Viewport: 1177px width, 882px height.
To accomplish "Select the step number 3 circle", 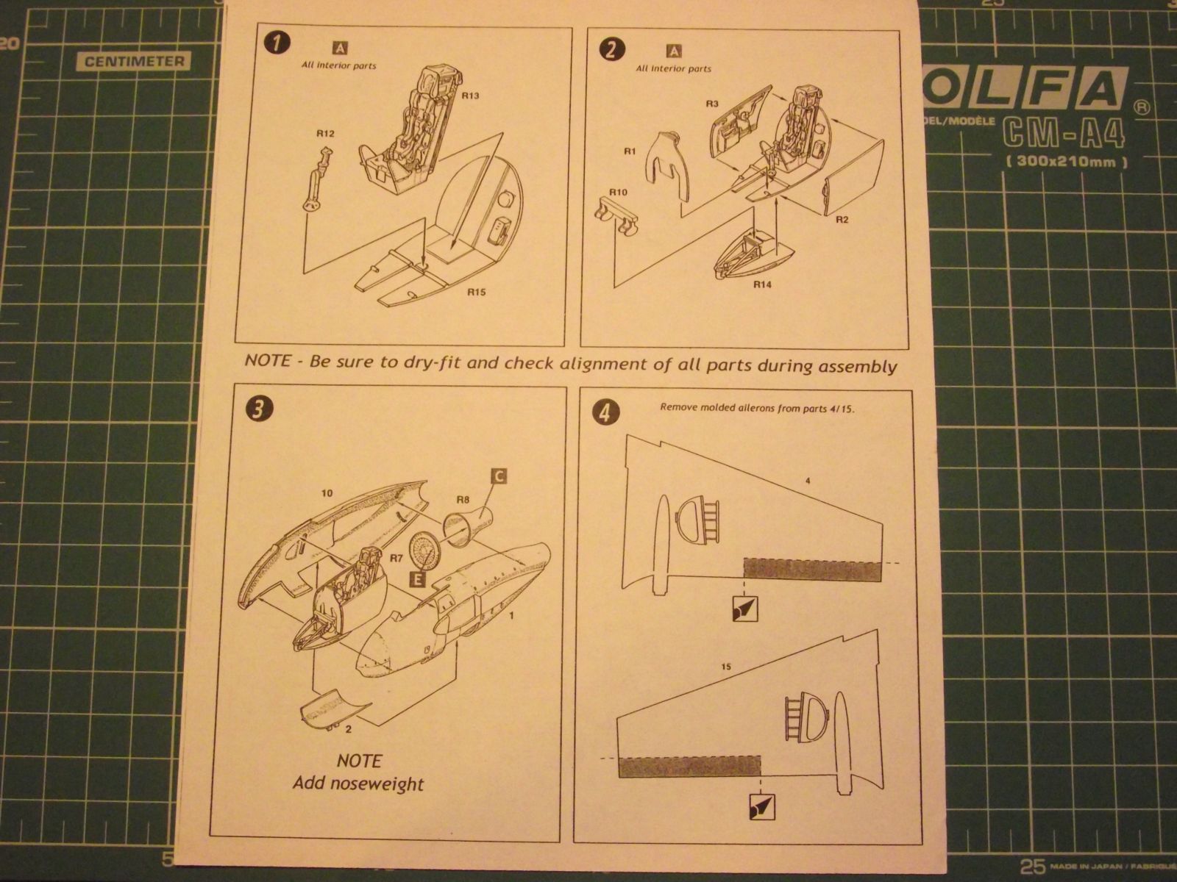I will tap(257, 409).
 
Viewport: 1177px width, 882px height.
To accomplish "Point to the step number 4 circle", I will tap(605, 413).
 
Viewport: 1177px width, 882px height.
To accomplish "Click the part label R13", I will tap(472, 96).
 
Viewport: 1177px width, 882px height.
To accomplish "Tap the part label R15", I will tap(477, 292).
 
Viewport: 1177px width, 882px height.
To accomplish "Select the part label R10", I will tap(617, 193).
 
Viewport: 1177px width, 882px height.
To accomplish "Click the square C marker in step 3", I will tap(498, 476).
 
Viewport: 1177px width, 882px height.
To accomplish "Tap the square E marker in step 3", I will tap(417, 579).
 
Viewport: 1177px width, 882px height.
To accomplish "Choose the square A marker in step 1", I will tap(341, 49).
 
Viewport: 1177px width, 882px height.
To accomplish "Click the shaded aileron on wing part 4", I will tap(812, 570).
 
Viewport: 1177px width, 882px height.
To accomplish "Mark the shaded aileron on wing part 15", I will tap(689, 767).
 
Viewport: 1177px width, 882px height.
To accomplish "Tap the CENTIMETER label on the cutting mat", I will tap(134, 62).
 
